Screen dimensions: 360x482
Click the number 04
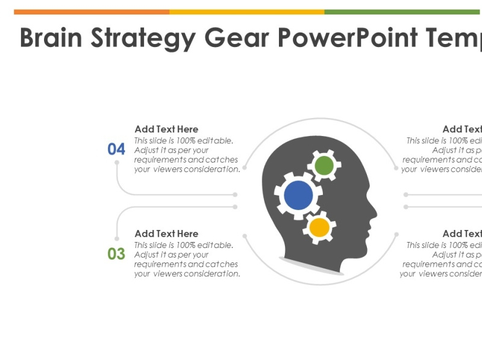[116, 149]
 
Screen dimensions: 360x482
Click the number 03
[116, 253]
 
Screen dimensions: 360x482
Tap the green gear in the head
[324, 165]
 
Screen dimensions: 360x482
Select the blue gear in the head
[298, 195]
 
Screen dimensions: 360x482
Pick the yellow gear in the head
[319, 228]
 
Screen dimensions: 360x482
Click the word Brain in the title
[51, 38]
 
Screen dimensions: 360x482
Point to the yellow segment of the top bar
[247, 11]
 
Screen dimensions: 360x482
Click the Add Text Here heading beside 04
[166, 129]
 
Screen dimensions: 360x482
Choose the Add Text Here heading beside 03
[166, 234]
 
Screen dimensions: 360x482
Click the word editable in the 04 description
[216, 141]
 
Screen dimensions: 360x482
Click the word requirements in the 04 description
[160, 160]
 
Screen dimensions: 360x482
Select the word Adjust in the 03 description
[146, 255]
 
